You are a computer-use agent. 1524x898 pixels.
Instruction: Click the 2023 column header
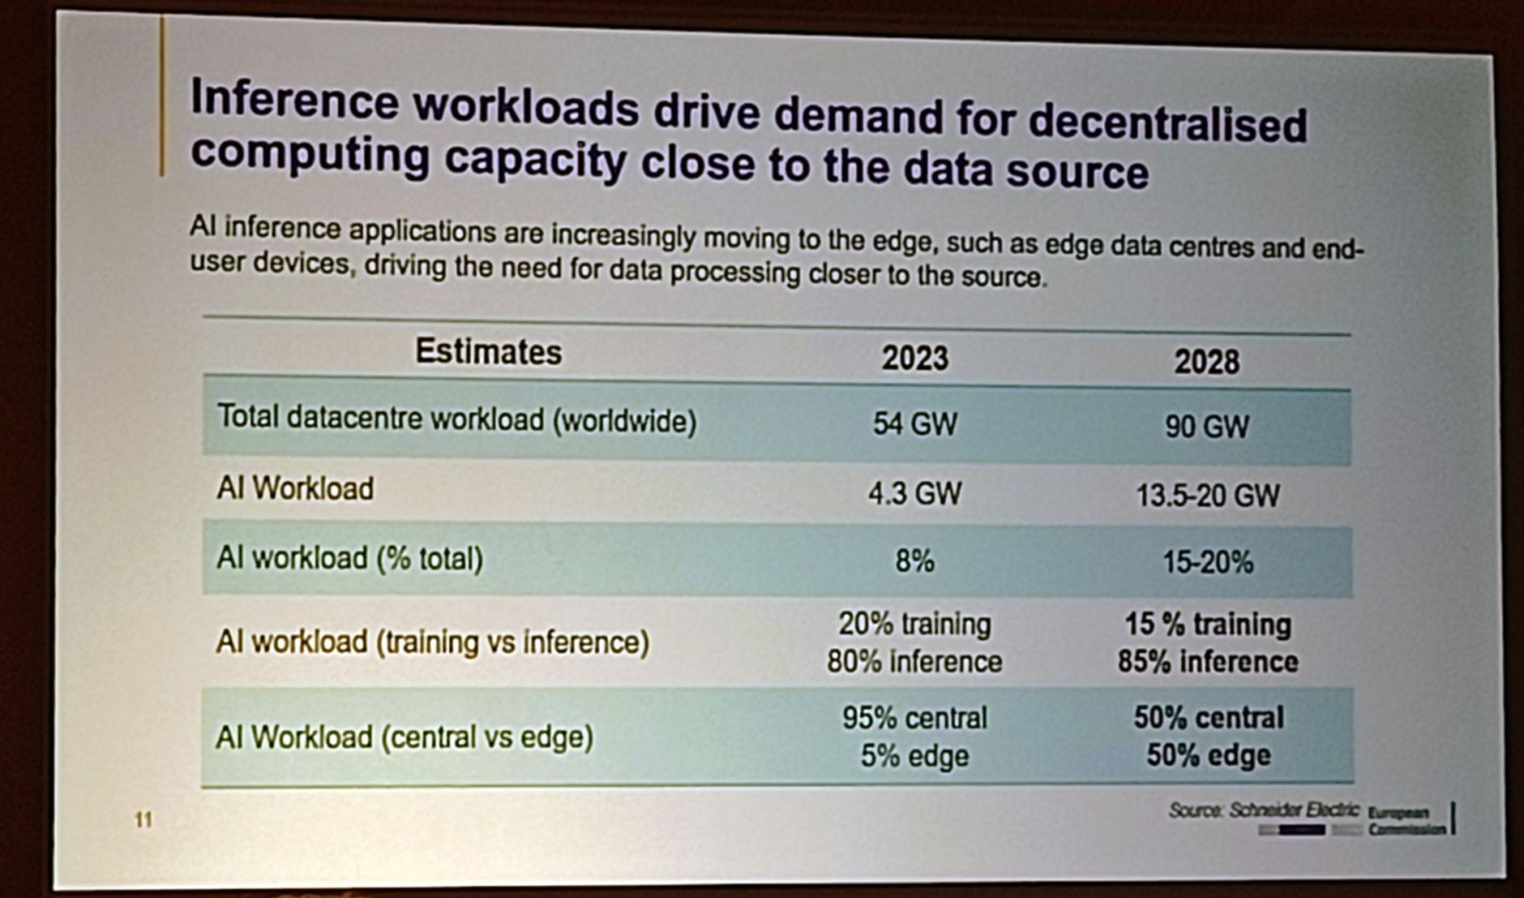coord(914,358)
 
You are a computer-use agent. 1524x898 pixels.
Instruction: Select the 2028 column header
coord(1206,362)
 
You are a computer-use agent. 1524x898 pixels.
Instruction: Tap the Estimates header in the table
coord(488,352)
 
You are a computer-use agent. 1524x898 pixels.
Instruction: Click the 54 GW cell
coord(914,423)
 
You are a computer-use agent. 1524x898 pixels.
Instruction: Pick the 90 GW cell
coord(1206,427)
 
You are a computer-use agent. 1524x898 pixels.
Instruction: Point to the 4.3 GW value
coord(914,493)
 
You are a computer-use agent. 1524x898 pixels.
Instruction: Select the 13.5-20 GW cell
coord(1207,495)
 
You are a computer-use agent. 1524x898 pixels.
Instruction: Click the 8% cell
coord(914,561)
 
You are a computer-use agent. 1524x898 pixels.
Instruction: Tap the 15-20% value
coord(1207,561)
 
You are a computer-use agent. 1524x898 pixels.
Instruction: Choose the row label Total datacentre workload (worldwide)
coord(456,419)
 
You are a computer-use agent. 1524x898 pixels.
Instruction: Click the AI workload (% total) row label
coord(349,558)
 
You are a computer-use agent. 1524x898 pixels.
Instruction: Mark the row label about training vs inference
coord(432,642)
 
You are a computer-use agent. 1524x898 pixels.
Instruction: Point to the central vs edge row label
coord(404,737)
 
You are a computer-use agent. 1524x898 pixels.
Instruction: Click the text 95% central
coord(914,718)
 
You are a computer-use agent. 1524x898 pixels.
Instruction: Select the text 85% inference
coord(1207,662)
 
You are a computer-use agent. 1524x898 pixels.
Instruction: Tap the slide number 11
coord(143,819)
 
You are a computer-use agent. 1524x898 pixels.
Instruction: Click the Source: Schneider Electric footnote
coord(1264,810)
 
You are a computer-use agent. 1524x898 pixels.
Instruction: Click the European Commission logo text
coord(1406,820)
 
